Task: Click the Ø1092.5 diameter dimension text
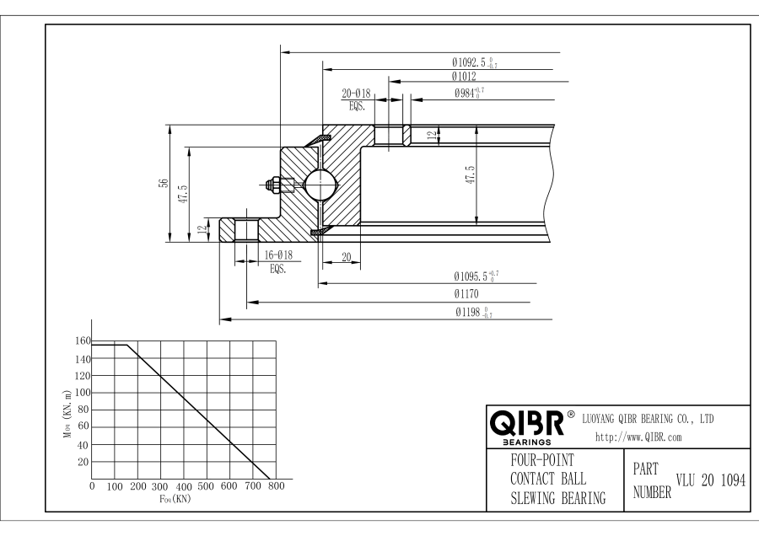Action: (473, 62)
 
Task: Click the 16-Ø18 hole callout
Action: (278, 255)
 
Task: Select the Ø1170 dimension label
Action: (466, 295)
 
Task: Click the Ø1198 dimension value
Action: (473, 314)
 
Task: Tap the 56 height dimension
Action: (164, 184)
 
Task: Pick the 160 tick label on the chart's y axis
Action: (82, 341)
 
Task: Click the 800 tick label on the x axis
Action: (275, 487)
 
